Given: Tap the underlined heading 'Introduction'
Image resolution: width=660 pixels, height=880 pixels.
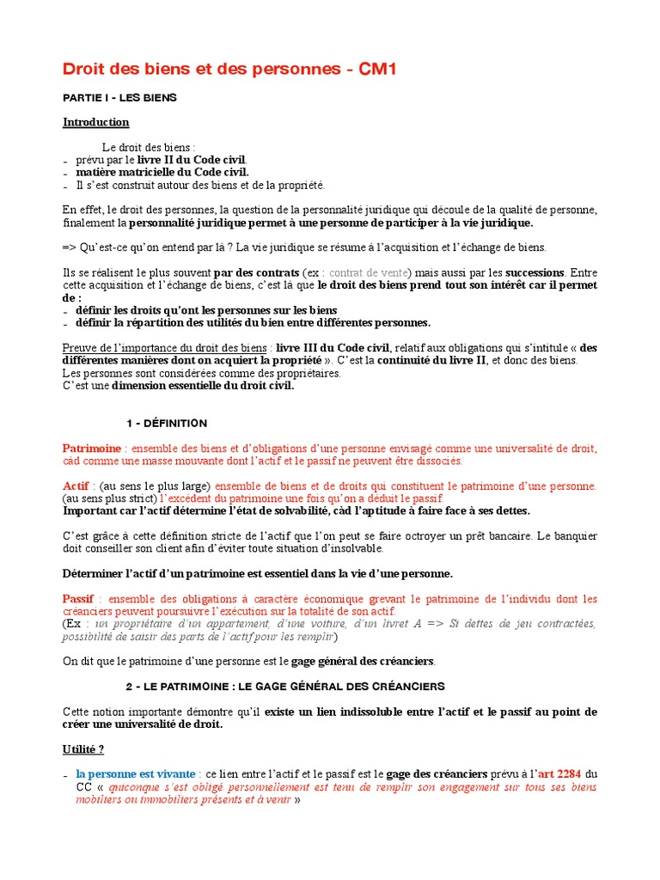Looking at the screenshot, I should pos(95,122).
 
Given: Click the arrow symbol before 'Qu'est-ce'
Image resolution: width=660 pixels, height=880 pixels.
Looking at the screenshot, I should pos(70,247).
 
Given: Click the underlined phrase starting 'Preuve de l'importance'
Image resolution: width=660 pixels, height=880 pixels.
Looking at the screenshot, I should pos(163,348).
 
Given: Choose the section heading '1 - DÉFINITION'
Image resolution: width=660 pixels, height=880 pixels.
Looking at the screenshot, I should pos(167,424).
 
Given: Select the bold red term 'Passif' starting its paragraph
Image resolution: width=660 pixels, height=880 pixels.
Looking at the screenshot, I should pos(77,599).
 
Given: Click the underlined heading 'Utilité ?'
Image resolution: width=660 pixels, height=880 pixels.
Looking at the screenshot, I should pos(83,749).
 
